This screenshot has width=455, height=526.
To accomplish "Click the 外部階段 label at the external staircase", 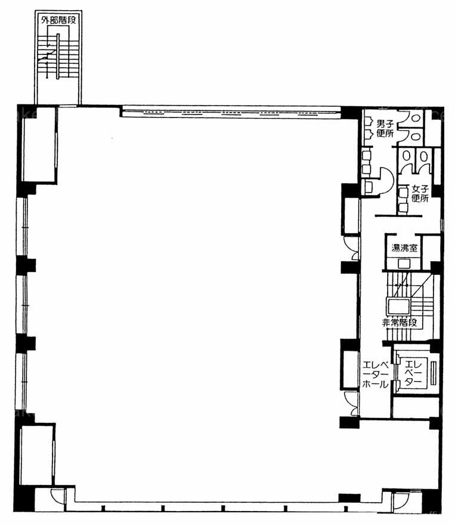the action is pos(58,20).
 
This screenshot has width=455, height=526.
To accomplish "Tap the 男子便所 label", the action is pos(385,128).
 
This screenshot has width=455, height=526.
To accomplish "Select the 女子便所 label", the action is pos(420,194).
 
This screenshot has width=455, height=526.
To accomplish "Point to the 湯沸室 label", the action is pos(405,248).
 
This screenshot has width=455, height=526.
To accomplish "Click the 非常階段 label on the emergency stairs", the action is pos(400,323).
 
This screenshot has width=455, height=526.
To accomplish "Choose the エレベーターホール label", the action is pos(376,375).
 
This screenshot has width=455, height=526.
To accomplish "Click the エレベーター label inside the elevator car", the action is pos(413,373).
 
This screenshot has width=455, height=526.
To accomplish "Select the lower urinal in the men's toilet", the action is pos(369,134).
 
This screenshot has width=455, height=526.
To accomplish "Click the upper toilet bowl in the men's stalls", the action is pos(416,118).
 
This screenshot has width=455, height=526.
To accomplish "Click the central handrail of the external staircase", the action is pos(58,56).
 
